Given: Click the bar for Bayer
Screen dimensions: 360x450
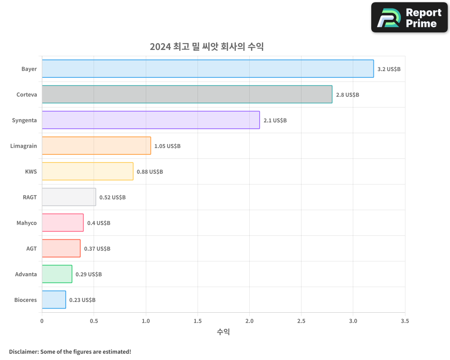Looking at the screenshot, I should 207,69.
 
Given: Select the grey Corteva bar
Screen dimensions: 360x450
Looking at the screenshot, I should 187,94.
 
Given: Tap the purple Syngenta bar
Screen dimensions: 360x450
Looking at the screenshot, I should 151,120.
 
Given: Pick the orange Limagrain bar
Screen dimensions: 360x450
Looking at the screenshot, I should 96,146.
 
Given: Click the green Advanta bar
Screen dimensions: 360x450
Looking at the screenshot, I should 57,274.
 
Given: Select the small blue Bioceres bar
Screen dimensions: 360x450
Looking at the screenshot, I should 54,300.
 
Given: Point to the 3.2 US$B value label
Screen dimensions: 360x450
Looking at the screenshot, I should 389,69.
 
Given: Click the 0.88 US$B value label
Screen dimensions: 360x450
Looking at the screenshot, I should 150,172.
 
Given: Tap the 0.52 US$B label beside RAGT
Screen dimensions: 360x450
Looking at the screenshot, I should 112,198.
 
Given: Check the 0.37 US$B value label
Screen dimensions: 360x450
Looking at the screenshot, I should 97,249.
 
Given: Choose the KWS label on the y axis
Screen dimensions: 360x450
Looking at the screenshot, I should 31,171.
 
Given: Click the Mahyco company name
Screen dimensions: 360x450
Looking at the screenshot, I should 27,223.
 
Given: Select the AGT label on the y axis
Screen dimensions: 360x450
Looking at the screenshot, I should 31,248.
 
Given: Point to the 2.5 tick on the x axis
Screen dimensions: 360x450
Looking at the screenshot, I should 301,321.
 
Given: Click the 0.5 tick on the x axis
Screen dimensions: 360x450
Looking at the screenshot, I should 94,321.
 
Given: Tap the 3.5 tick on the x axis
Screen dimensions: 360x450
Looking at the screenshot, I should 405,321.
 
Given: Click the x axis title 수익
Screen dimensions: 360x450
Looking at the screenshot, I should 223,332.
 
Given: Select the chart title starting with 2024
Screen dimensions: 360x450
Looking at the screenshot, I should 207,47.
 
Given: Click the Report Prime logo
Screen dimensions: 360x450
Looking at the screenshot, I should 409,18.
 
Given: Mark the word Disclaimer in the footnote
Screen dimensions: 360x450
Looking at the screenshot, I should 23,351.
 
